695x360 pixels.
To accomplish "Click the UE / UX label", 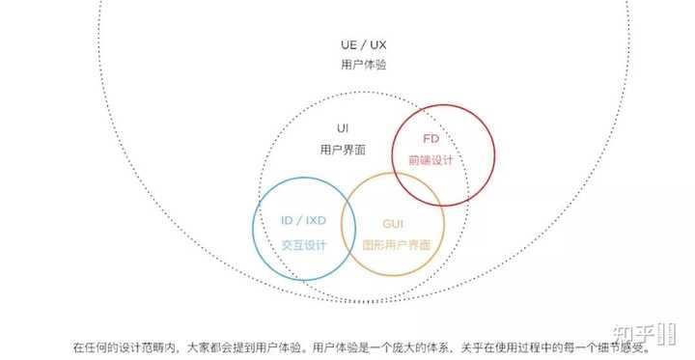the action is (364, 44).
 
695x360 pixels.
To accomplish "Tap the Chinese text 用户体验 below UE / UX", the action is (364, 65).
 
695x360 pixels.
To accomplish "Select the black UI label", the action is (343, 128).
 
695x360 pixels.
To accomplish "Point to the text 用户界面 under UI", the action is (343, 150).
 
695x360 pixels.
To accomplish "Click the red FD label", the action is (431, 139).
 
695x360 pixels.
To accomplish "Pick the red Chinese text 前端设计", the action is (431, 160).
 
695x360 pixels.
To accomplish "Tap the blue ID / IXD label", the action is (304, 220).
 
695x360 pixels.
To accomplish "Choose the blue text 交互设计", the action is (304, 245).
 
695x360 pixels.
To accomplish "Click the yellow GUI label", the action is (393, 224).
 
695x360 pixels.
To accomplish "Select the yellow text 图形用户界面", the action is (397, 245).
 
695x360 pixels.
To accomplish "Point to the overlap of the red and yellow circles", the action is (418, 189).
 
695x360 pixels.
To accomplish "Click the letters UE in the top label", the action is (348, 44).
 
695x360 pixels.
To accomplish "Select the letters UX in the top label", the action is (378, 44).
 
